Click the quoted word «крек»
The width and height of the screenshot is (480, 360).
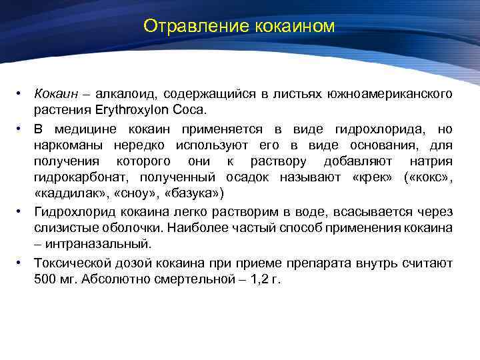point(365,177)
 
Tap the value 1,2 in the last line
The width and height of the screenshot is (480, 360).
point(254,278)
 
